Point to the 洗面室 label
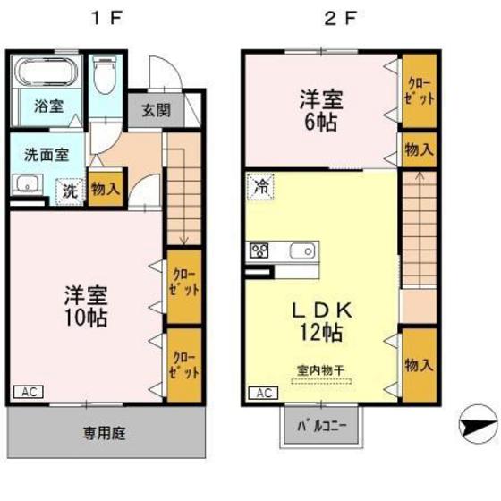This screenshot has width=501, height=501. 46,153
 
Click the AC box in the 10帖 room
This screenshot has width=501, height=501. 29,392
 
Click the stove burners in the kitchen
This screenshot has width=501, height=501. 260,250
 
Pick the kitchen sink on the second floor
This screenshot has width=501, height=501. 301,250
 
